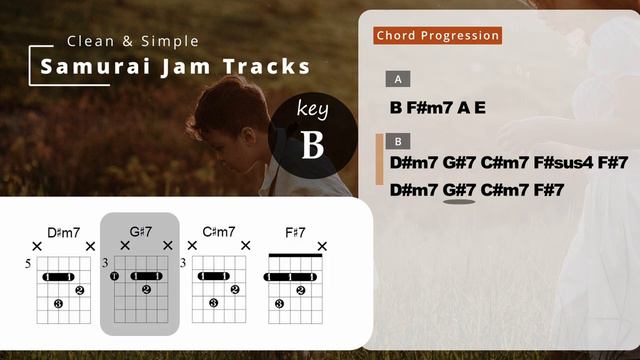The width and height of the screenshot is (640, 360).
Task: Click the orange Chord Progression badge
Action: coord(438,36)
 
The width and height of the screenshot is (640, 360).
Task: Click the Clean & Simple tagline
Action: coord(133,41)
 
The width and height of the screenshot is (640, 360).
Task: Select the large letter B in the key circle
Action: coord(313,146)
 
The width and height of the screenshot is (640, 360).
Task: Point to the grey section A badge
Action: coord(399,79)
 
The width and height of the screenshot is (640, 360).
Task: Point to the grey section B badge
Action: coord(399,141)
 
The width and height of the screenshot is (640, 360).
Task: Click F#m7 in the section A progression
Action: coord(430,106)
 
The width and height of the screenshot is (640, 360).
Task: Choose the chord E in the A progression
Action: coord(480,106)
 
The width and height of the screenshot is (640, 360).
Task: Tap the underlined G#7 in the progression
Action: coord(459,189)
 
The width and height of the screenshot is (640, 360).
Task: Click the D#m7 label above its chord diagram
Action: coord(64,233)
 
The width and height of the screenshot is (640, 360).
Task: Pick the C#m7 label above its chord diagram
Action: coord(219,233)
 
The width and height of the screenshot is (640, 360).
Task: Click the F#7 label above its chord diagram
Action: coord(295,233)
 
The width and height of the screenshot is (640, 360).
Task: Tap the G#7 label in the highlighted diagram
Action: coord(140,233)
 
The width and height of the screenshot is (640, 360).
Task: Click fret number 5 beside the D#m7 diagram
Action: coord(28,264)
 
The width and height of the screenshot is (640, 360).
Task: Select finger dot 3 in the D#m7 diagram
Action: coord(58,303)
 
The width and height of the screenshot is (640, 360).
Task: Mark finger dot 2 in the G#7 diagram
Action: coord(146,290)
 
